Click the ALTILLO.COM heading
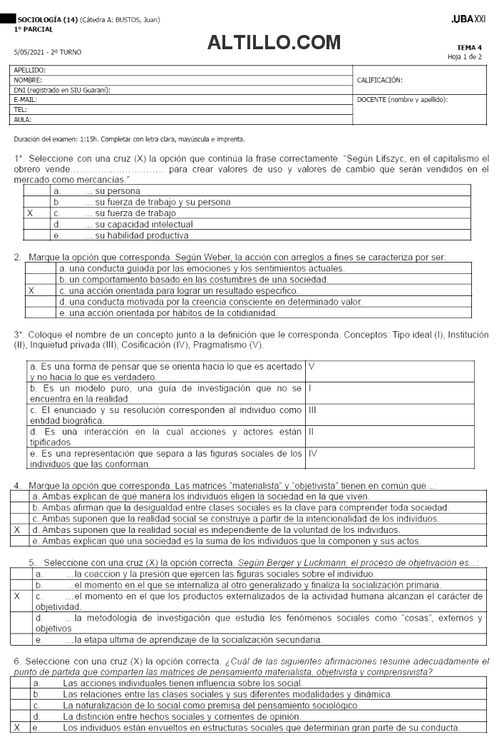click(x=274, y=43)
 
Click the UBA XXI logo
click(x=469, y=18)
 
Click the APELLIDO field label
click(x=29, y=70)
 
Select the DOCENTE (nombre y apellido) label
click(x=402, y=100)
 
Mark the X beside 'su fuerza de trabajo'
click(x=30, y=213)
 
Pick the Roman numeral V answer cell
click(x=312, y=365)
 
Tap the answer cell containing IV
click(x=313, y=453)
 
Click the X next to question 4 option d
click(x=16, y=530)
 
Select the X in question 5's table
click(x=17, y=595)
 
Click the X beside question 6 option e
click(x=17, y=727)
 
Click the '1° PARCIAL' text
click(x=29, y=29)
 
